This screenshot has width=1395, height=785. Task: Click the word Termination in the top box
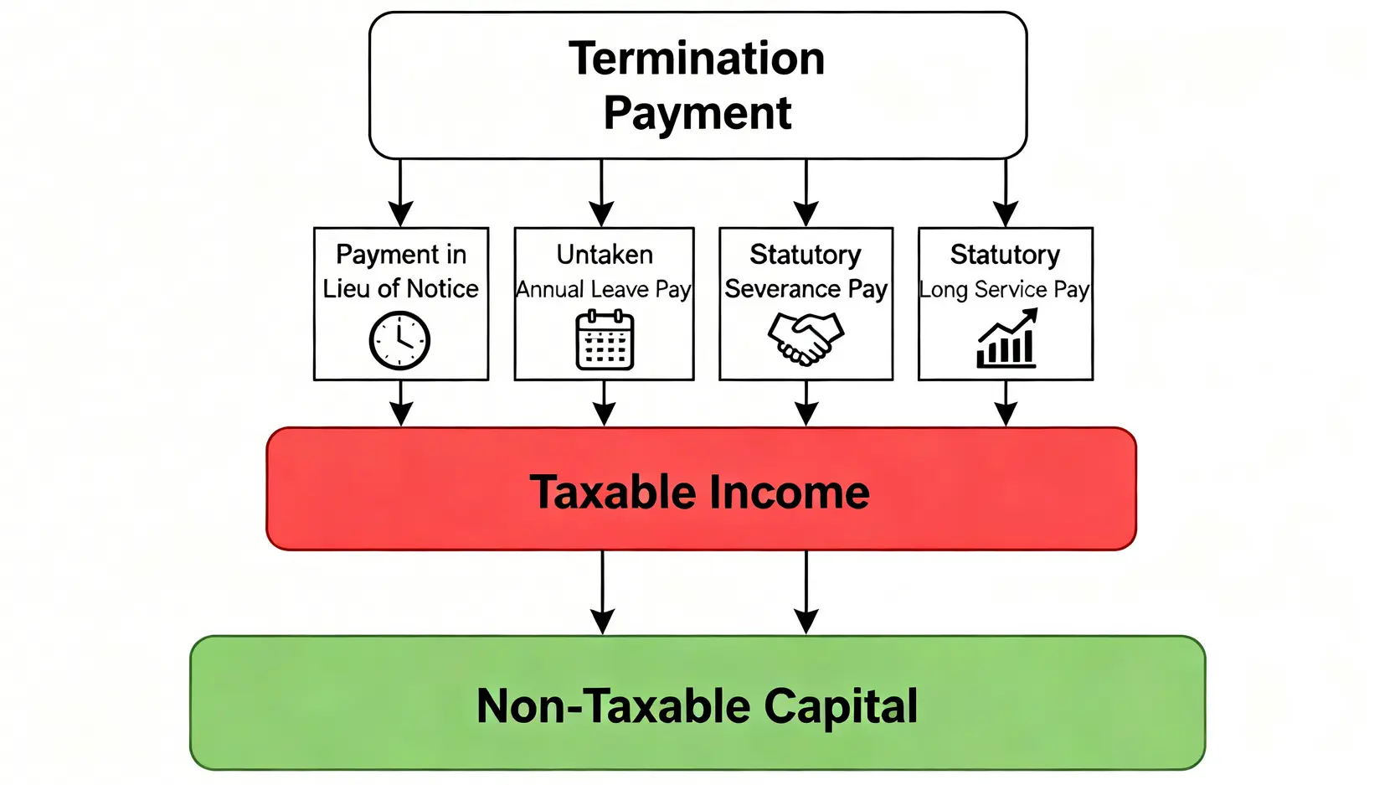click(697, 59)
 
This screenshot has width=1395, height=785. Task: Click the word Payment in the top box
click(697, 113)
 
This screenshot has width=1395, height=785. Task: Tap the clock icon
click(399, 340)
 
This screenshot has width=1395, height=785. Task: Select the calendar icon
click(605, 340)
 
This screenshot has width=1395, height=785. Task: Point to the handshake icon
click(805, 338)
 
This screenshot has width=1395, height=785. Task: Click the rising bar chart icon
click(1006, 338)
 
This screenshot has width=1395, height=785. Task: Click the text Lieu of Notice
click(400, 289)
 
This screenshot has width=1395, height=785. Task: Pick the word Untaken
click(605, 255)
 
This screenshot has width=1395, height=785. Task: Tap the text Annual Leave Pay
click(604, 290)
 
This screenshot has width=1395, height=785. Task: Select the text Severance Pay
click(806, 290)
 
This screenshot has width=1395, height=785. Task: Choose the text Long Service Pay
click(1005, 290)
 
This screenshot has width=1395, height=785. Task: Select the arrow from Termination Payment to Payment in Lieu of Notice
click(400, 193)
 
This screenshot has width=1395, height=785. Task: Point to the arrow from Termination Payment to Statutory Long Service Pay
click(1006, 193)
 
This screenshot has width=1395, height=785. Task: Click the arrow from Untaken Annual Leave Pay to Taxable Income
click(604, 403)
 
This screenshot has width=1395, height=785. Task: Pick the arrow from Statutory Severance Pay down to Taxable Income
click(806, 403)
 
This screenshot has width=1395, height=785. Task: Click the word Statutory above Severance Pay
click(805, 255)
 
